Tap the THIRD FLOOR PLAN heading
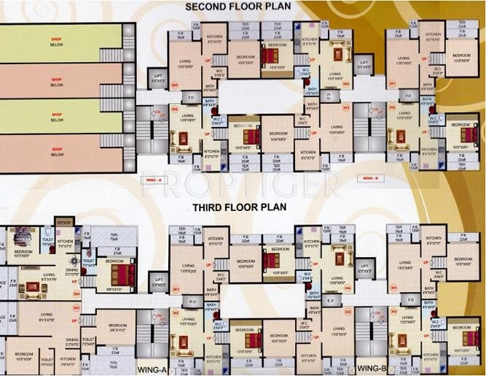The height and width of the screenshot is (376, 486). tap(240, 207)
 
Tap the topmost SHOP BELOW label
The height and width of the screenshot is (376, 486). tap(57, 42)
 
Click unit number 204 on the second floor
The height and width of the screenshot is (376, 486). tap(348, 85)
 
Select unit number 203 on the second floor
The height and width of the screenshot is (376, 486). tap(347, 107)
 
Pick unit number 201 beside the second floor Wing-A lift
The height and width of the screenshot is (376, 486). tap(174, 85)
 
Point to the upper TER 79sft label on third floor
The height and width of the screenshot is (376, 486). tap(114, 236)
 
